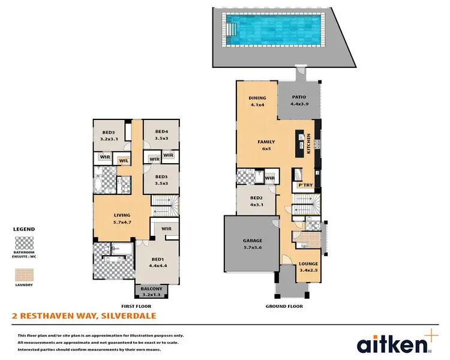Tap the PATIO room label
[299, 100]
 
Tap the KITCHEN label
[309, 144]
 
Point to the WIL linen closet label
[124, 160]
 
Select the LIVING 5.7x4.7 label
[122, 217]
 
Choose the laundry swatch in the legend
[24, 274]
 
